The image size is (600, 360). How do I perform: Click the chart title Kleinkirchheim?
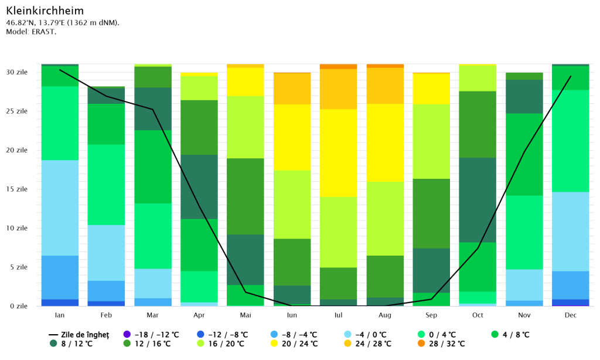[x=45, y=11]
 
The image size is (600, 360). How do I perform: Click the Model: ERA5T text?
[x=31, y=32]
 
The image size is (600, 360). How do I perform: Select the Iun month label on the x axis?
[x=292, y=315]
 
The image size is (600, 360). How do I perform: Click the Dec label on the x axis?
[x=571, y=315]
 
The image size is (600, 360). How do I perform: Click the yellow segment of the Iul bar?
[x=338, y=152]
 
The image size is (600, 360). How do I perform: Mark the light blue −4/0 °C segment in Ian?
[x=60, y=208]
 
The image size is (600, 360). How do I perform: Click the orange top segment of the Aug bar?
[x=385, y=66]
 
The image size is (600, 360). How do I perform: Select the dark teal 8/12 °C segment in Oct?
[x=478, y=199]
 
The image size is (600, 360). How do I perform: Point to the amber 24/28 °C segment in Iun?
[x=292, y=89]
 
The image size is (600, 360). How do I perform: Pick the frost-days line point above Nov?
[x=524, y=151]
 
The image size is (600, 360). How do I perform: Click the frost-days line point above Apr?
[x=199, y=205]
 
